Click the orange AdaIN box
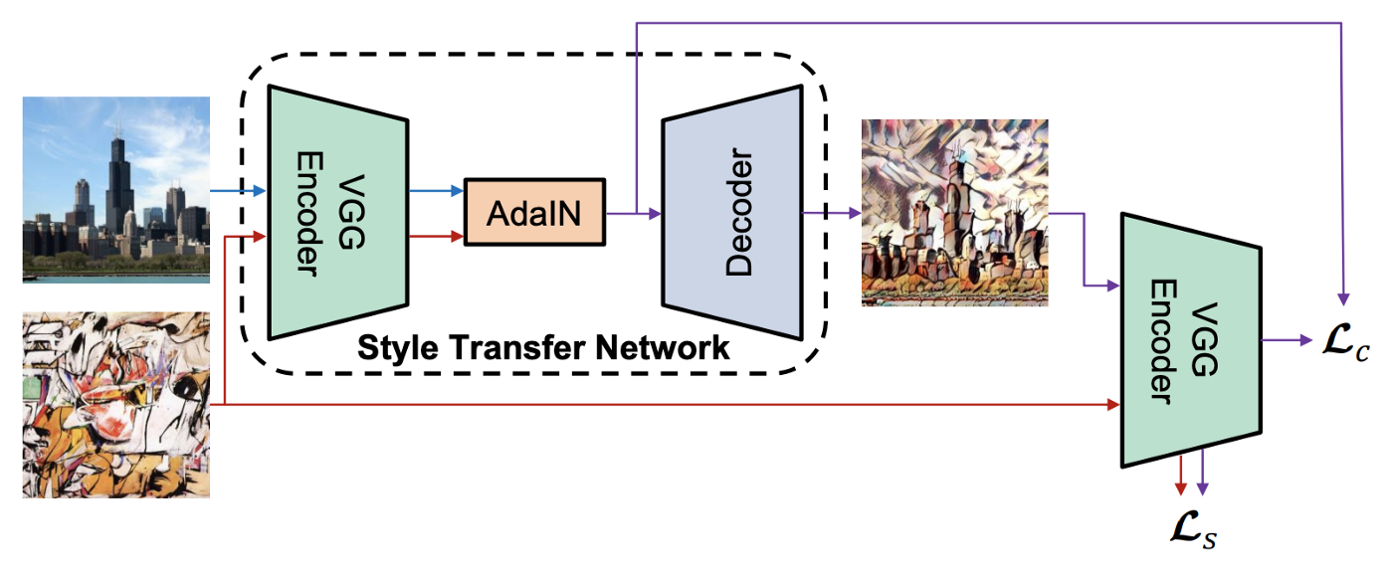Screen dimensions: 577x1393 pyautogui.click(x=534, y=212)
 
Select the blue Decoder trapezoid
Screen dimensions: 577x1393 pyautogui.click(x=732, y=212)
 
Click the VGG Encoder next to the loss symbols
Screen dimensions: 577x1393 pyautogui.click(x=1191, y=339)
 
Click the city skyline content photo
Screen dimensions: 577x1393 pyautogui.click(x=115, y=189)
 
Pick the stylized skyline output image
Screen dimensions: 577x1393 pyautogui.click(x=954, y=212)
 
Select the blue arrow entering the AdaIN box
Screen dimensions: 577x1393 pyautogui.click(x=436, y=189)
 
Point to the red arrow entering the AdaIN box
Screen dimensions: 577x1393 pyautogui.click(x=436, y=237)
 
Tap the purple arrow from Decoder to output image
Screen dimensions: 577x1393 pyautogui.click(x=831, y=213)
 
